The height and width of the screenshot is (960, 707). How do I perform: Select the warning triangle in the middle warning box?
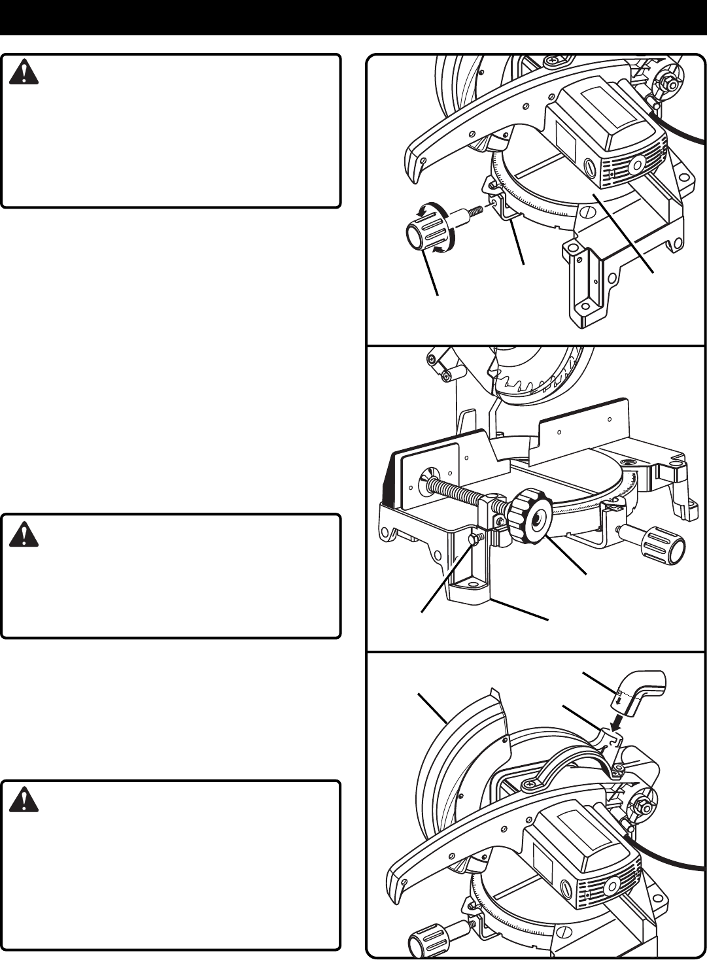[24, 534]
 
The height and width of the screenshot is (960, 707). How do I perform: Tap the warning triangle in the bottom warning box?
[24, 800]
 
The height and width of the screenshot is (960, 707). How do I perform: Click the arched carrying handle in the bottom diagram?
[576, 759]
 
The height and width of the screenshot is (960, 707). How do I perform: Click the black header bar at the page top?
[353, 17]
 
